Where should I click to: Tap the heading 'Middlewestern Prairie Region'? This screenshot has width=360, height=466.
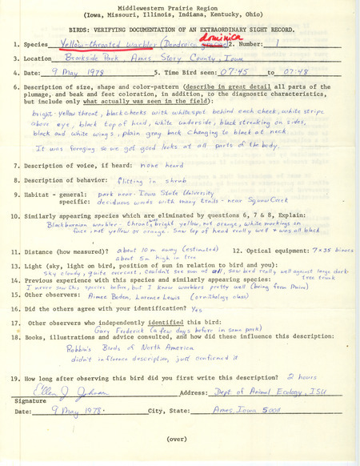coord(178,6)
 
